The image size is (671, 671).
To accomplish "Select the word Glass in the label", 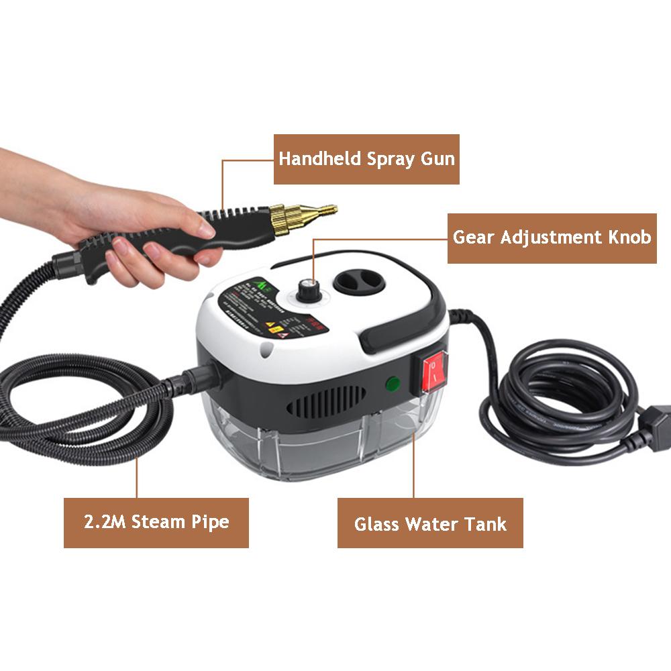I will (376, 523).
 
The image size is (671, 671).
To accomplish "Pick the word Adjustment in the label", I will (548, 238).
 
